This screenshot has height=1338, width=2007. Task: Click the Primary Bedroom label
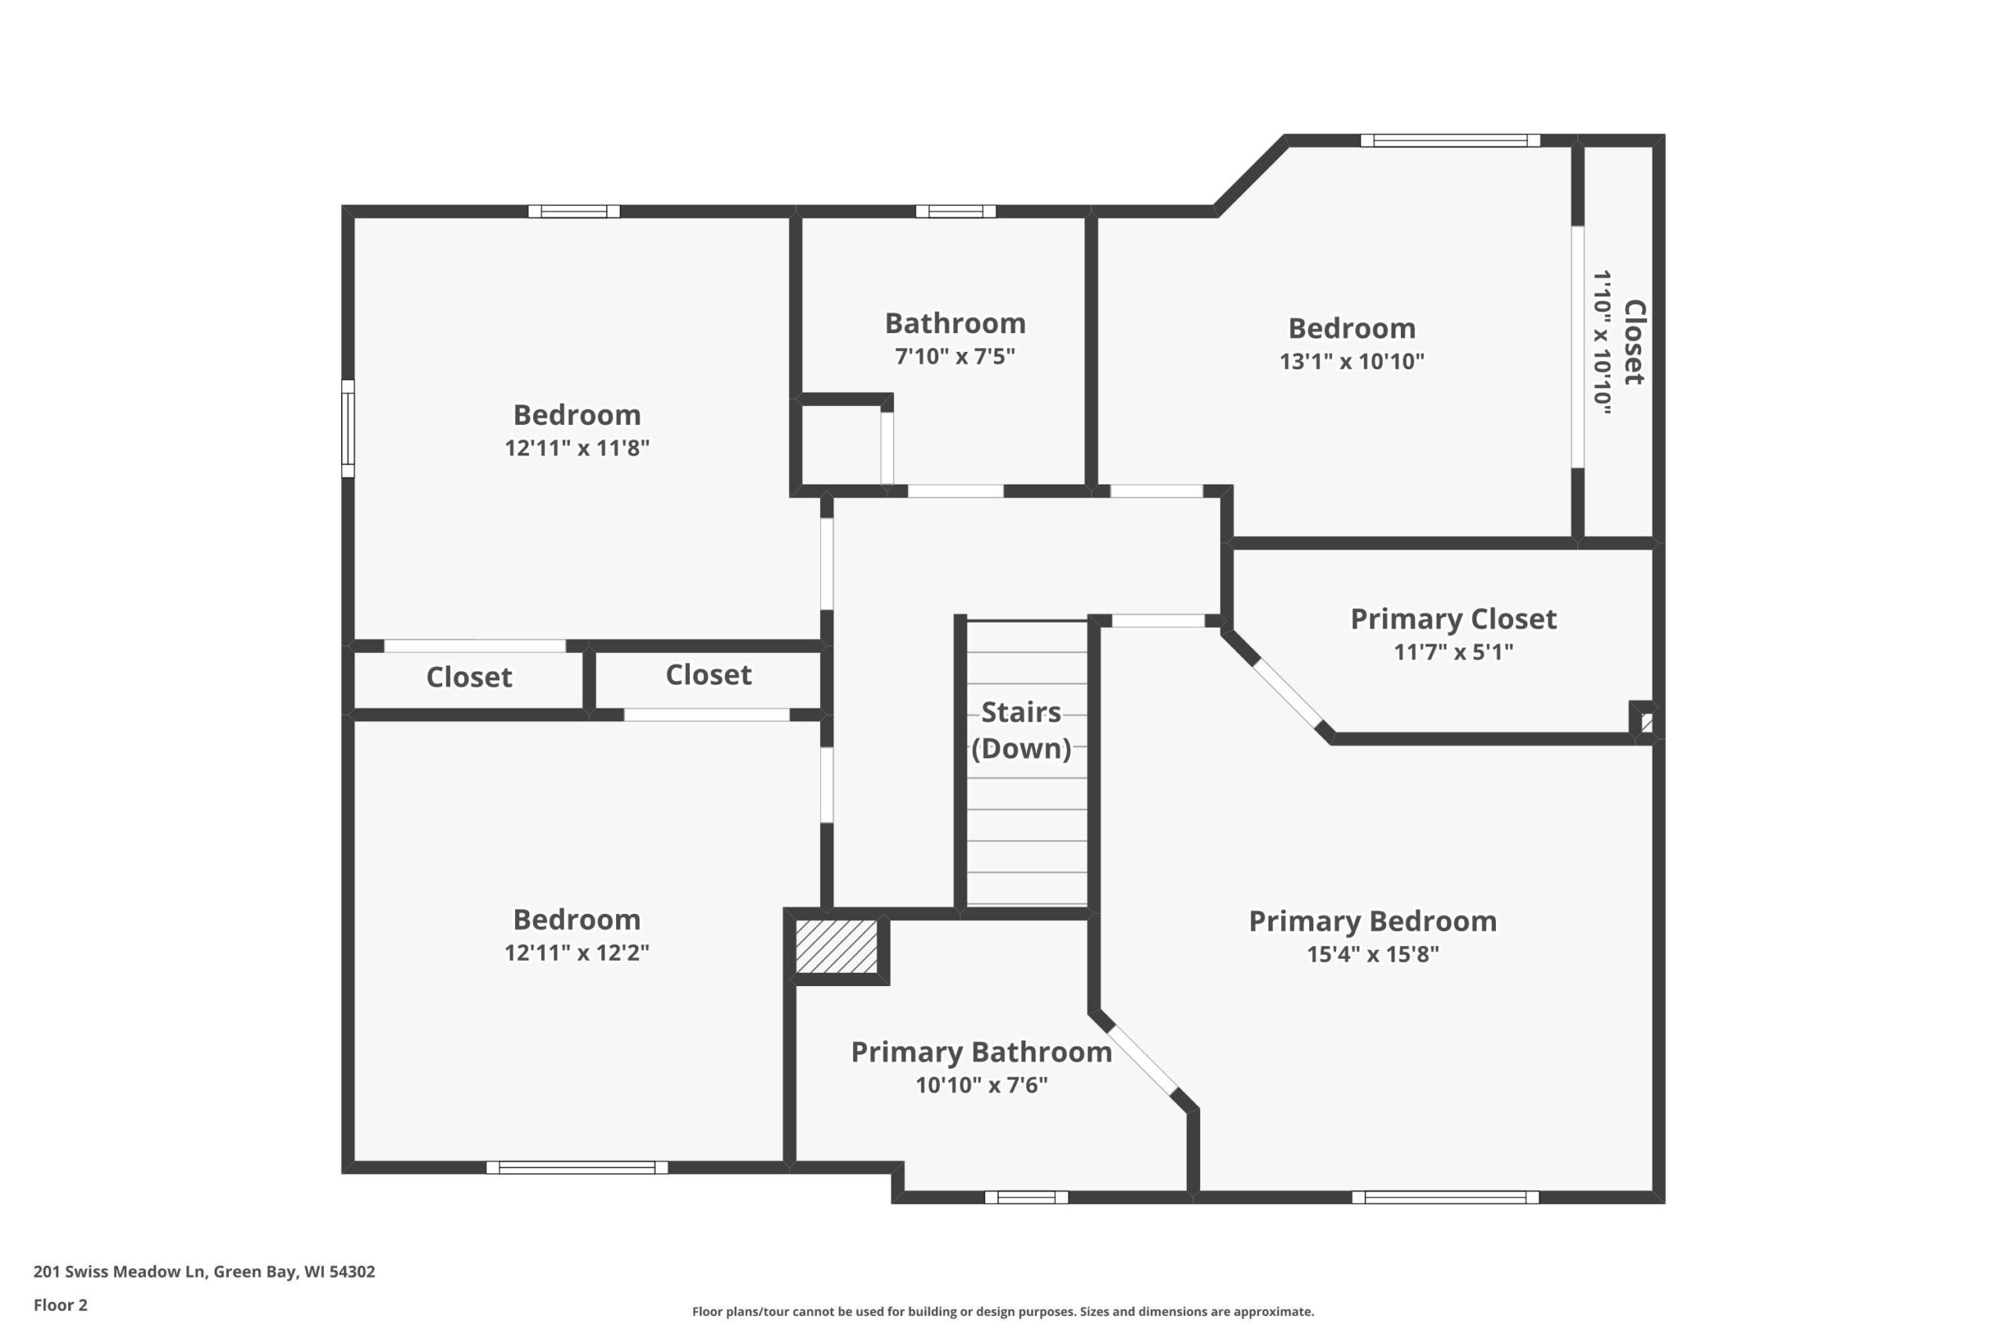[1372, 922]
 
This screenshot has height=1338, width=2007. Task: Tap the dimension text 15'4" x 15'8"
[1372, 954]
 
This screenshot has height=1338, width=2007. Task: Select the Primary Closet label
[1454, 619]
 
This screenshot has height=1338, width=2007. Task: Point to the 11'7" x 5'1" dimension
[1454, 652]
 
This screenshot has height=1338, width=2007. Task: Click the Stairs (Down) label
[1022, 730]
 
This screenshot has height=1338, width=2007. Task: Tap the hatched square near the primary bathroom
[837, 945]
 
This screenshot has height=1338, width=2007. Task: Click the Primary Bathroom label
[982, 1052]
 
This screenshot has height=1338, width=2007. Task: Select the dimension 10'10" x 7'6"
[982, 1085]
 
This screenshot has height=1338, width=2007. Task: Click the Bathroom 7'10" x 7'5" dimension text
[955, 356]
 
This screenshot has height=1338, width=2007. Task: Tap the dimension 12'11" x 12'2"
[577, 952]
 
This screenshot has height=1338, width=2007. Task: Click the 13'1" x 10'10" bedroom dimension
[1352, 361]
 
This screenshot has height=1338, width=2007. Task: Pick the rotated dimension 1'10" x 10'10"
[1602, 343]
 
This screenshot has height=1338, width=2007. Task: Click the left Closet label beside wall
[470, 677]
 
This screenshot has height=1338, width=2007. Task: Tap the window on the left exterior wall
[348, 429]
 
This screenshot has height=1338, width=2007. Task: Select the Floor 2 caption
[60, 1305]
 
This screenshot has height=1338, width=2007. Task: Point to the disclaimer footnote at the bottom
[1003, 1311]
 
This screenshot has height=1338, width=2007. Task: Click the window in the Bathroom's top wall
[956, 212]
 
